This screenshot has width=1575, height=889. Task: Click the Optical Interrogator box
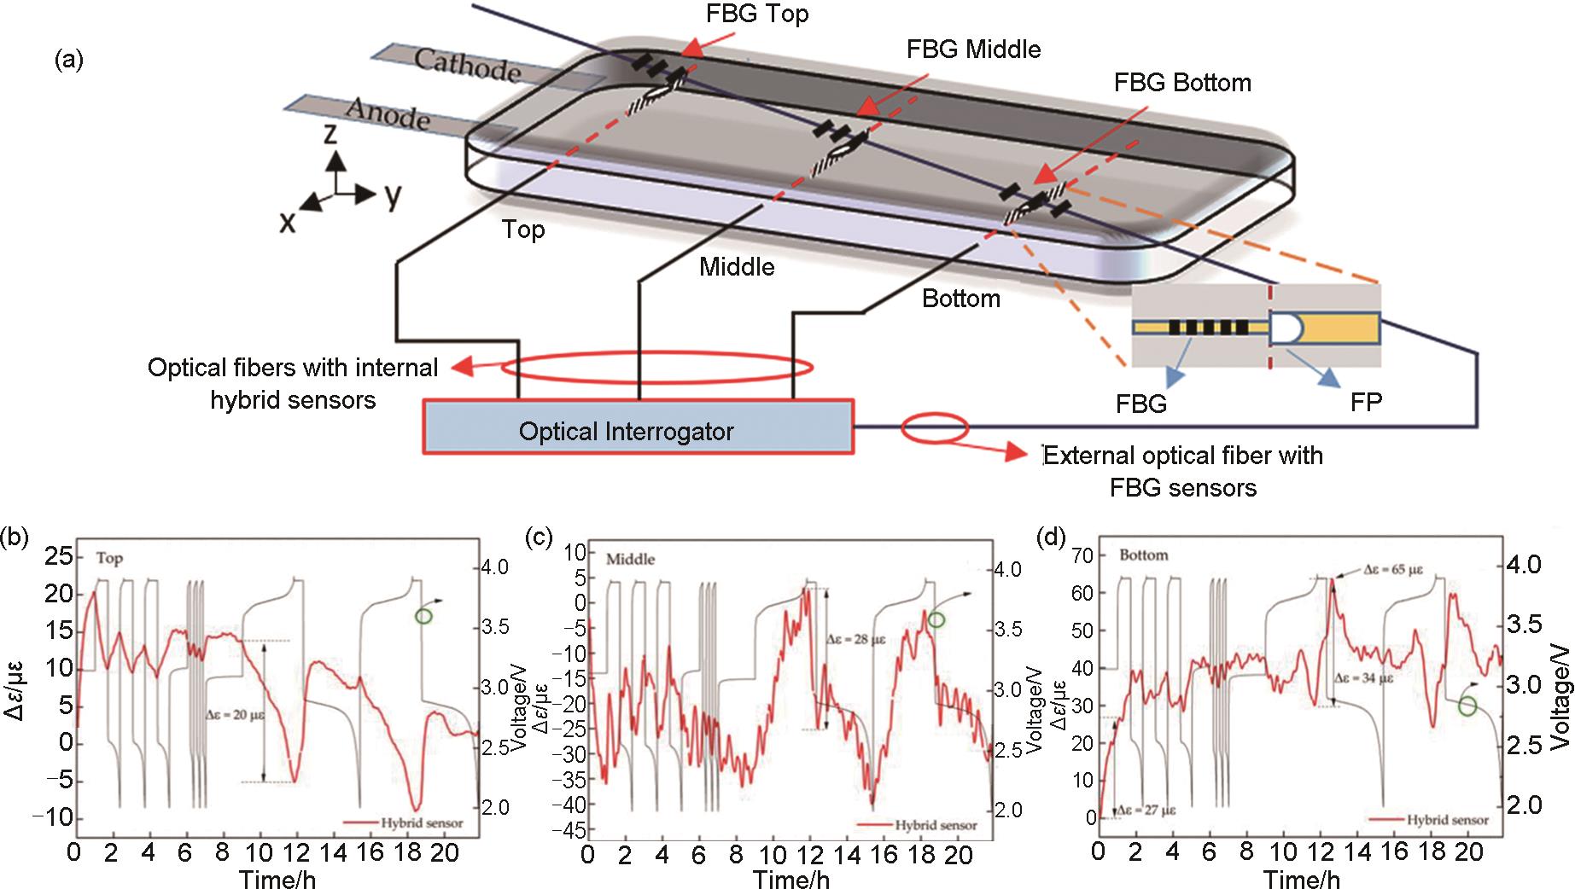pyautogui.click(x=638, y=427)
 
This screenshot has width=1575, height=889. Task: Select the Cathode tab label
pyautogui.click(x=468, y=65)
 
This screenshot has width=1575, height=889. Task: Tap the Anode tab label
pyautogui.click(x=388, y=112)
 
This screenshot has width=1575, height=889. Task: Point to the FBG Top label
pyautogui.click(x=757, y=14)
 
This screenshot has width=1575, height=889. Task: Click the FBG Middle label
pyautogui.click(x=973, y=49)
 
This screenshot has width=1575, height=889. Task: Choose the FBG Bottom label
pyautogui.click(x=1182, y=83)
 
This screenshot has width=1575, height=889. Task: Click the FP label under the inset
pyautogui.click(x=1366, y=403)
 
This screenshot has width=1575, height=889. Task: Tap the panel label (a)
pyautogui.click(x=68, y=60)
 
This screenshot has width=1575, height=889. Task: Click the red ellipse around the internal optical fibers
pyautogui.click(x=656, y=368)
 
